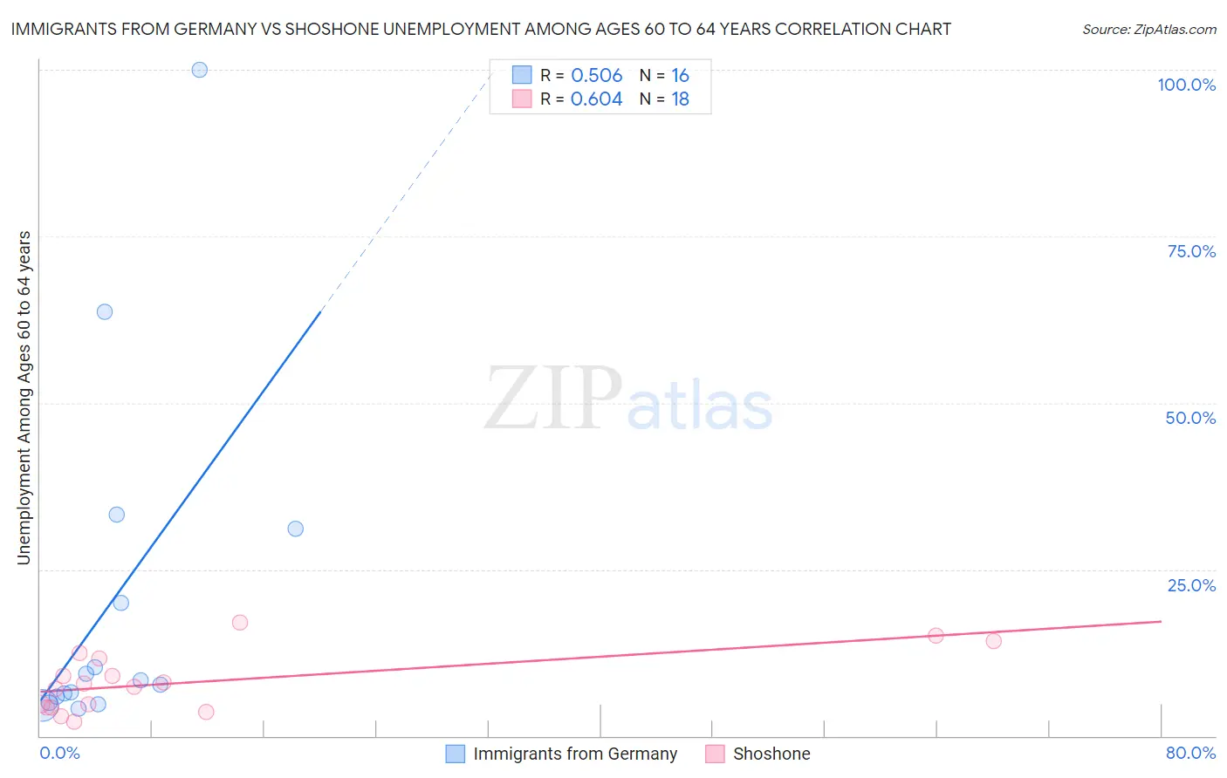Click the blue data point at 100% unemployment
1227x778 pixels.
coord(200,70)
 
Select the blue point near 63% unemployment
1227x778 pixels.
coord(105,311)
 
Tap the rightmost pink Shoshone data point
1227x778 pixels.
coord(993,641)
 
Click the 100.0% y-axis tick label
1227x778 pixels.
coord(1186,85)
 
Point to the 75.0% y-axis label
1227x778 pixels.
coord(1191,251)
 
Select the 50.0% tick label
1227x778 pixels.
coord(1190,418)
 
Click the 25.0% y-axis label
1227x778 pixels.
coord(1191,585)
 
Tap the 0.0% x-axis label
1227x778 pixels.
coord(59,753)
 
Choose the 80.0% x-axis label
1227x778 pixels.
coord(1190,753)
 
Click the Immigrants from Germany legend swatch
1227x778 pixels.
coord(456,754)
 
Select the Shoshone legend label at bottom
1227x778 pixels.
coord(771,754)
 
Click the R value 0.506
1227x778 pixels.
coord(596,75)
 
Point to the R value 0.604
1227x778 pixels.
coord(596,99)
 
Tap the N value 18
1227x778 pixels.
coord(680,99)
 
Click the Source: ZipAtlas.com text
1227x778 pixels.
coord(1148,30)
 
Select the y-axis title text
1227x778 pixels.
coord(24,398)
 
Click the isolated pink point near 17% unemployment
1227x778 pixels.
coord(240,622)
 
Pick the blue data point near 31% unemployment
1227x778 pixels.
coord(296,529)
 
